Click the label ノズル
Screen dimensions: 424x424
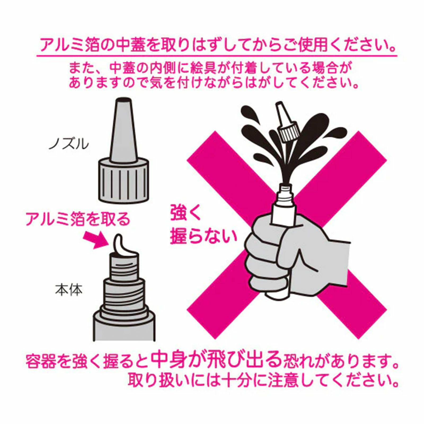(69, 144)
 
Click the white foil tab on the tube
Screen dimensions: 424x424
(124, 247)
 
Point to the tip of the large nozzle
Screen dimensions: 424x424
(124, 99)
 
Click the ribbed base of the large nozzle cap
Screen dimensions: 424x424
(123, 181)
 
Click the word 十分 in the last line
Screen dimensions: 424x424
(237, 379)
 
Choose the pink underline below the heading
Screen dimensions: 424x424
(217, 56)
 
